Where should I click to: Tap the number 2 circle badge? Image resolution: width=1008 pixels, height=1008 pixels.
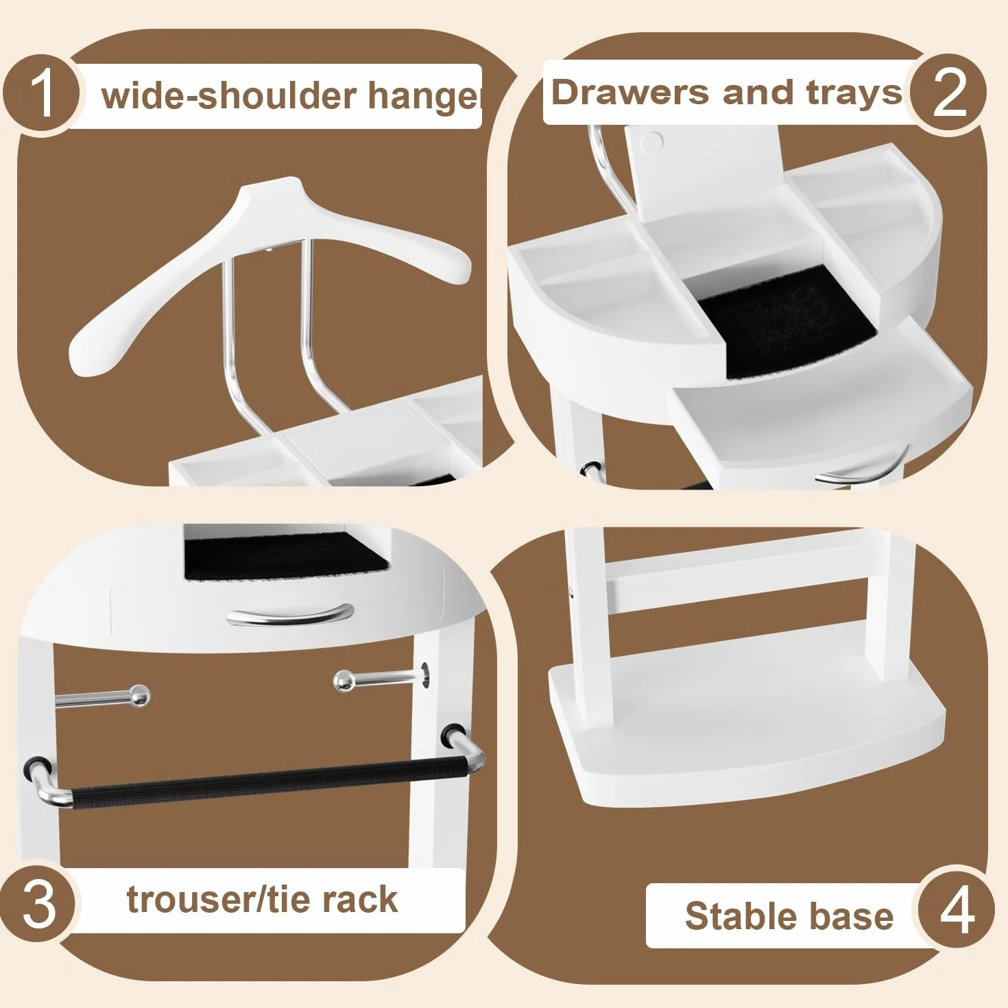pos(948,94)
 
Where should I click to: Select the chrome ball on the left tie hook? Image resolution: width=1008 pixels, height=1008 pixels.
pos(140,697)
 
